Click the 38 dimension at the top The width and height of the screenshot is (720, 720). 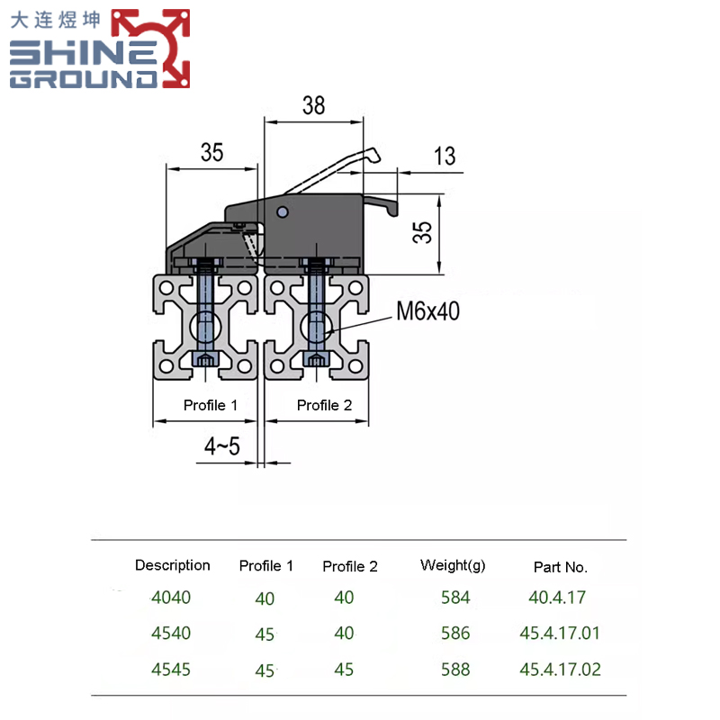coord(312,106)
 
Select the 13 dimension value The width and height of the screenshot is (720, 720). coord(444,157)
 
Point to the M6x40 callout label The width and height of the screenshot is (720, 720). coord(427,311)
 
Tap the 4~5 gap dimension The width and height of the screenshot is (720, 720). coord(220,445)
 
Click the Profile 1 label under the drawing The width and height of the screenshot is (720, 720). coord(210,405)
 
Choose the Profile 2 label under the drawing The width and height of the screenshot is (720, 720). coord(324,405)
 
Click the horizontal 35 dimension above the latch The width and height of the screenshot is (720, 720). coord(211,153)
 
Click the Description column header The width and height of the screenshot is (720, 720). coord(172,565)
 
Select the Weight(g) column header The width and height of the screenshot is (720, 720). coord(453,565)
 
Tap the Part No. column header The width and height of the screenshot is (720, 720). coord(560,567)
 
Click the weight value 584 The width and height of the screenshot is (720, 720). coord(455,597)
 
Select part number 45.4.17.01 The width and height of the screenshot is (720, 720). coord(559,633)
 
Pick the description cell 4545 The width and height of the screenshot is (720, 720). coord(171,669)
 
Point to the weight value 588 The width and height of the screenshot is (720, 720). coord(455,669)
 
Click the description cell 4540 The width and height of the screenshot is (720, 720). coord(171,633)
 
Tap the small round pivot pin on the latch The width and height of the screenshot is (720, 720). coord(283,212)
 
